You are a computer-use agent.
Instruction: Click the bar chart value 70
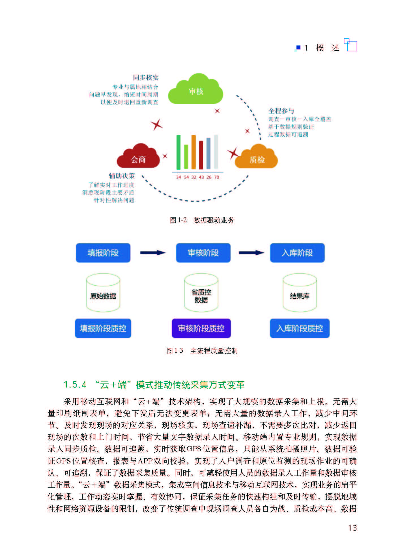[217, 177]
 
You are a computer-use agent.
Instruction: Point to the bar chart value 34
[179, 177]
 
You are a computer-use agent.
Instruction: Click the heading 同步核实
[146, 78]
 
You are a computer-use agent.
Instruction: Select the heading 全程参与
[281, 111]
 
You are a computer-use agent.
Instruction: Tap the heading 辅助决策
[122, 176]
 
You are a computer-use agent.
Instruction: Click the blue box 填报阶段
[103, 253]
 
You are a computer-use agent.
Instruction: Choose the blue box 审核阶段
[203, 253]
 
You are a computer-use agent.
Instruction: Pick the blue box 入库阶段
[297, 253]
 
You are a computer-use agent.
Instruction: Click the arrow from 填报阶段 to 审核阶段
[153, 253]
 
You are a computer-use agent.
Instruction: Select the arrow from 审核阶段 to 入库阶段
[251, 253]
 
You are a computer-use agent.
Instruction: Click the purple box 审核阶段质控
[201, 328]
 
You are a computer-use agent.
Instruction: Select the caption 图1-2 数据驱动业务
[202, 220]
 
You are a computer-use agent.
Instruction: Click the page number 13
[352, 528]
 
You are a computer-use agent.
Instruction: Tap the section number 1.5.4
[75, 385]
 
